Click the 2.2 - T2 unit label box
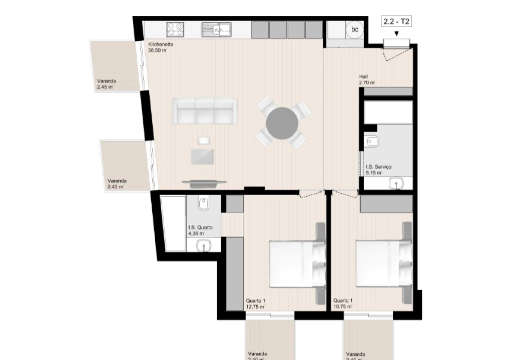tap(397, 21)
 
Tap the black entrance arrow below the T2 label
tap(396, 34)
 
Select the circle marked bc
tap(355, 29)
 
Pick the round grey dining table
tap(283, 123)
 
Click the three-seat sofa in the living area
tap(205, 111)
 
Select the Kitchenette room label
tap(160, 44)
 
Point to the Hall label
tap(363, 77)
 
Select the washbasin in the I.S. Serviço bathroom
tap(397, 184)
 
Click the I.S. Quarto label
tap(200, 227)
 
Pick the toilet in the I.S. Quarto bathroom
tap(204, 204)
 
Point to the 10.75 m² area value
tap(343, 306)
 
